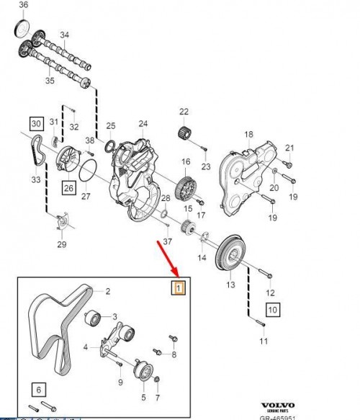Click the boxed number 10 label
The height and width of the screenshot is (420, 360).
coord(272,311)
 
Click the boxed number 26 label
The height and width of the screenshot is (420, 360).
coord(68,189)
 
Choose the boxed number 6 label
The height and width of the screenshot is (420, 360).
coord(39,390)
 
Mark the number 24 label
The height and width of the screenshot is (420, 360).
coord(143,124)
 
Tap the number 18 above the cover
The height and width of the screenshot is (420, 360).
coord(249,134)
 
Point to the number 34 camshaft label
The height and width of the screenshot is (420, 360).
coord(64,35)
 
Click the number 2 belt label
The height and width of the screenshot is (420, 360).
coord(107,292)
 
